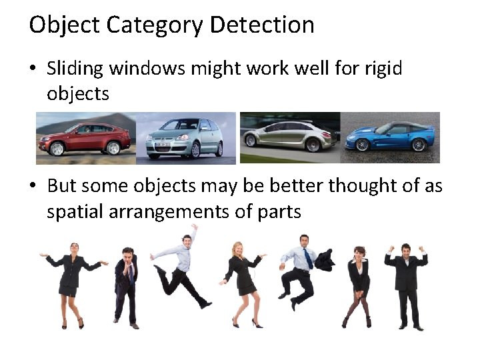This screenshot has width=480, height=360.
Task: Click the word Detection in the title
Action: coord(261,25)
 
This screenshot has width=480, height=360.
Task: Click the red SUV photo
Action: coord(85,137)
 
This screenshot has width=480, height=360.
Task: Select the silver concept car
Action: coord(290,137)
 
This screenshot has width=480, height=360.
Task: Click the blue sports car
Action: coord(390,137)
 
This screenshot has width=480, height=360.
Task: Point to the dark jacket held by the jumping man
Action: coord(325,259)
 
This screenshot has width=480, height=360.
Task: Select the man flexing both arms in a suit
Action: coord(406,283)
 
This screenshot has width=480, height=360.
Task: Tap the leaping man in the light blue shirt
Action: coord(180,267)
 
